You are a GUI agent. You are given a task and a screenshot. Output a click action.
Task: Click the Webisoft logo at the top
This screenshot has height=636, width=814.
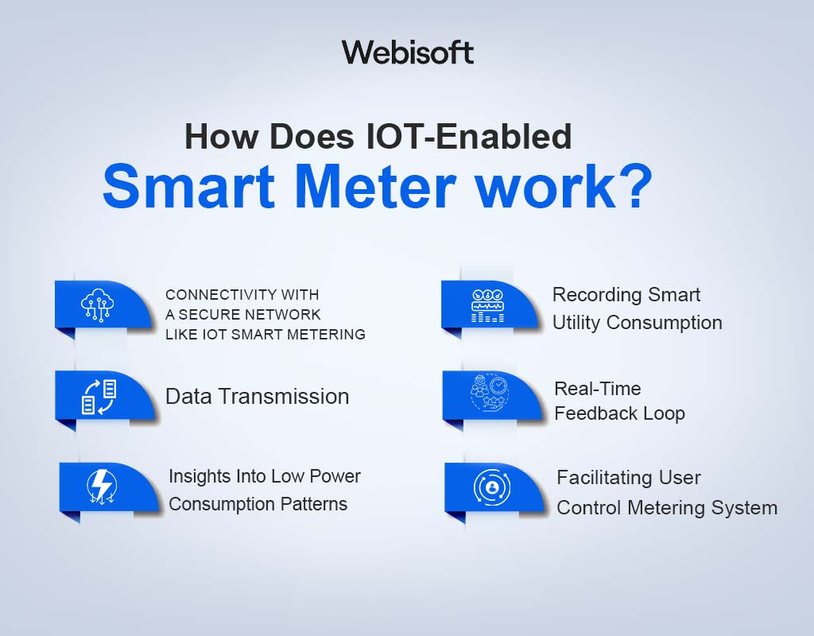pyautogui.click(x=408, y=52)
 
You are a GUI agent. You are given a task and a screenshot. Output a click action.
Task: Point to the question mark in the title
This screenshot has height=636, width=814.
pyautogui.click(x=633, y=187)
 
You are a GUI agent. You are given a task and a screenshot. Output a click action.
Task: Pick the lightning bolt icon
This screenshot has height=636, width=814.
pyautogui.click(x=103, y=485)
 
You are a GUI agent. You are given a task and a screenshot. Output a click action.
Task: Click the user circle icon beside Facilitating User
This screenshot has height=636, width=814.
pyautogui.click(x=492, y=486)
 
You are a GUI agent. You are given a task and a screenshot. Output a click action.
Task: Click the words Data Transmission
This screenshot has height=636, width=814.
pyautogui.click(x=257, y=397)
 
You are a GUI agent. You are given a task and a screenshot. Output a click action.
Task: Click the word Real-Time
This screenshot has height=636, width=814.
pyautogui.click(x=597, y=389)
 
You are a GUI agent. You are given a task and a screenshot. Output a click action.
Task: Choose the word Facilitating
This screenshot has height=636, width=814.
pyautogui.click(x=606, y=478)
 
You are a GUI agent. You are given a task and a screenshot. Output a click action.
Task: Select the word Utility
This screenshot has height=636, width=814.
pyautogui.click(x=587, y=323)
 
